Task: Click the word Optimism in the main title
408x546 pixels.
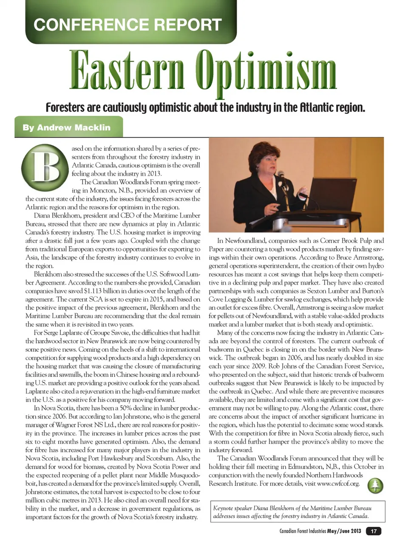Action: pyautogui.click(x=266, y=71)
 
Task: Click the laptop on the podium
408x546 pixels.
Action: pyautogui.click(x=327, y=193)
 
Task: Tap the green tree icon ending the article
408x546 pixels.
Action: pyautogui.click(x=375, y=485)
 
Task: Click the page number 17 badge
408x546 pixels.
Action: pyautogui.click(x=374, y=531)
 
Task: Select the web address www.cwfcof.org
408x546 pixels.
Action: pyautogui.click(x=338, y=484)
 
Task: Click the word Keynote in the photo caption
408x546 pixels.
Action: pyautogui.click(x=224, y=508)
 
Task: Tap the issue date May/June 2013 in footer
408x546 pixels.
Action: pyautogui.click(x=344, y=531)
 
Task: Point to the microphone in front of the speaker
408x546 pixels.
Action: pyautogui.click(x=281, y=174)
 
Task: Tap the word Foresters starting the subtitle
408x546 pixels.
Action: pyautogui.click(x=65, y=107)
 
